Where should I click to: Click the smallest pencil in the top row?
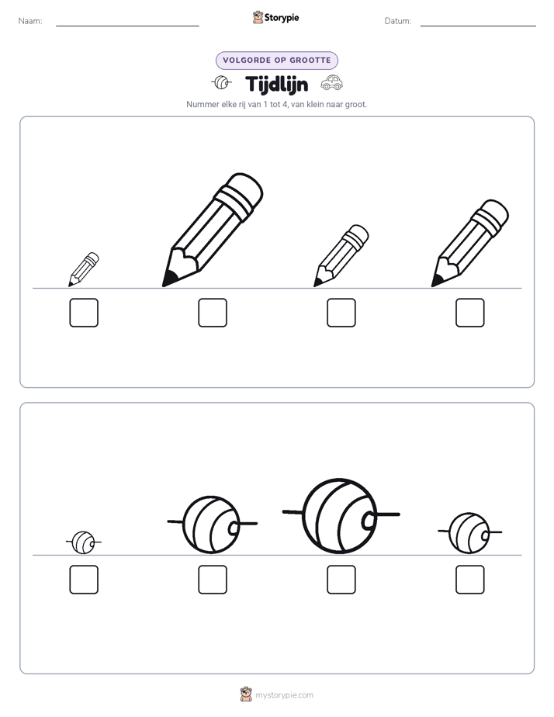pos(84,269)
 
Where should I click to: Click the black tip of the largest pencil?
pos(170,279)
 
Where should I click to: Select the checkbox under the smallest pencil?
pos(84,313)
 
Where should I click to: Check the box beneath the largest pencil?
pos(213,313)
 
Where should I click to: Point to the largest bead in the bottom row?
pos(341,516)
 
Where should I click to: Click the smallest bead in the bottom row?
pos(84,542)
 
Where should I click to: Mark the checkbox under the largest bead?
pos(341,580)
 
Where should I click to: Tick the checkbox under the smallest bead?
pos(84,580)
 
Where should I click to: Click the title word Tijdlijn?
pos(276,85)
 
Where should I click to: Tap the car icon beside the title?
pos(332,82)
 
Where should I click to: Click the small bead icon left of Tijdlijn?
pos(222,82)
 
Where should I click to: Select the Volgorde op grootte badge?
pos(277,61)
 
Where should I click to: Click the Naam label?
pos(30,21)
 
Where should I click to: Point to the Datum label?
pos(398,21)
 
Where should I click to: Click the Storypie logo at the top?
pos(275,17)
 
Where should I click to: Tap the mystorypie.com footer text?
pos(284,695)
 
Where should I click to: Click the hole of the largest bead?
pos(369,520)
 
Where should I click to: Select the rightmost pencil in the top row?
pos(470,244)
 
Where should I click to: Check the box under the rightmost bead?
pos(470,580)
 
